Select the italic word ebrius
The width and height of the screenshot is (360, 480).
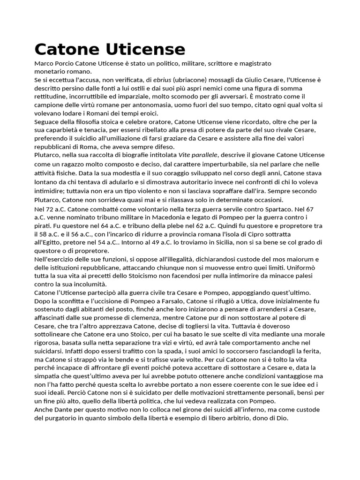[x=162, y=80]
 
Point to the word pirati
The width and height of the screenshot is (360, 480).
[x=43, y=226]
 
